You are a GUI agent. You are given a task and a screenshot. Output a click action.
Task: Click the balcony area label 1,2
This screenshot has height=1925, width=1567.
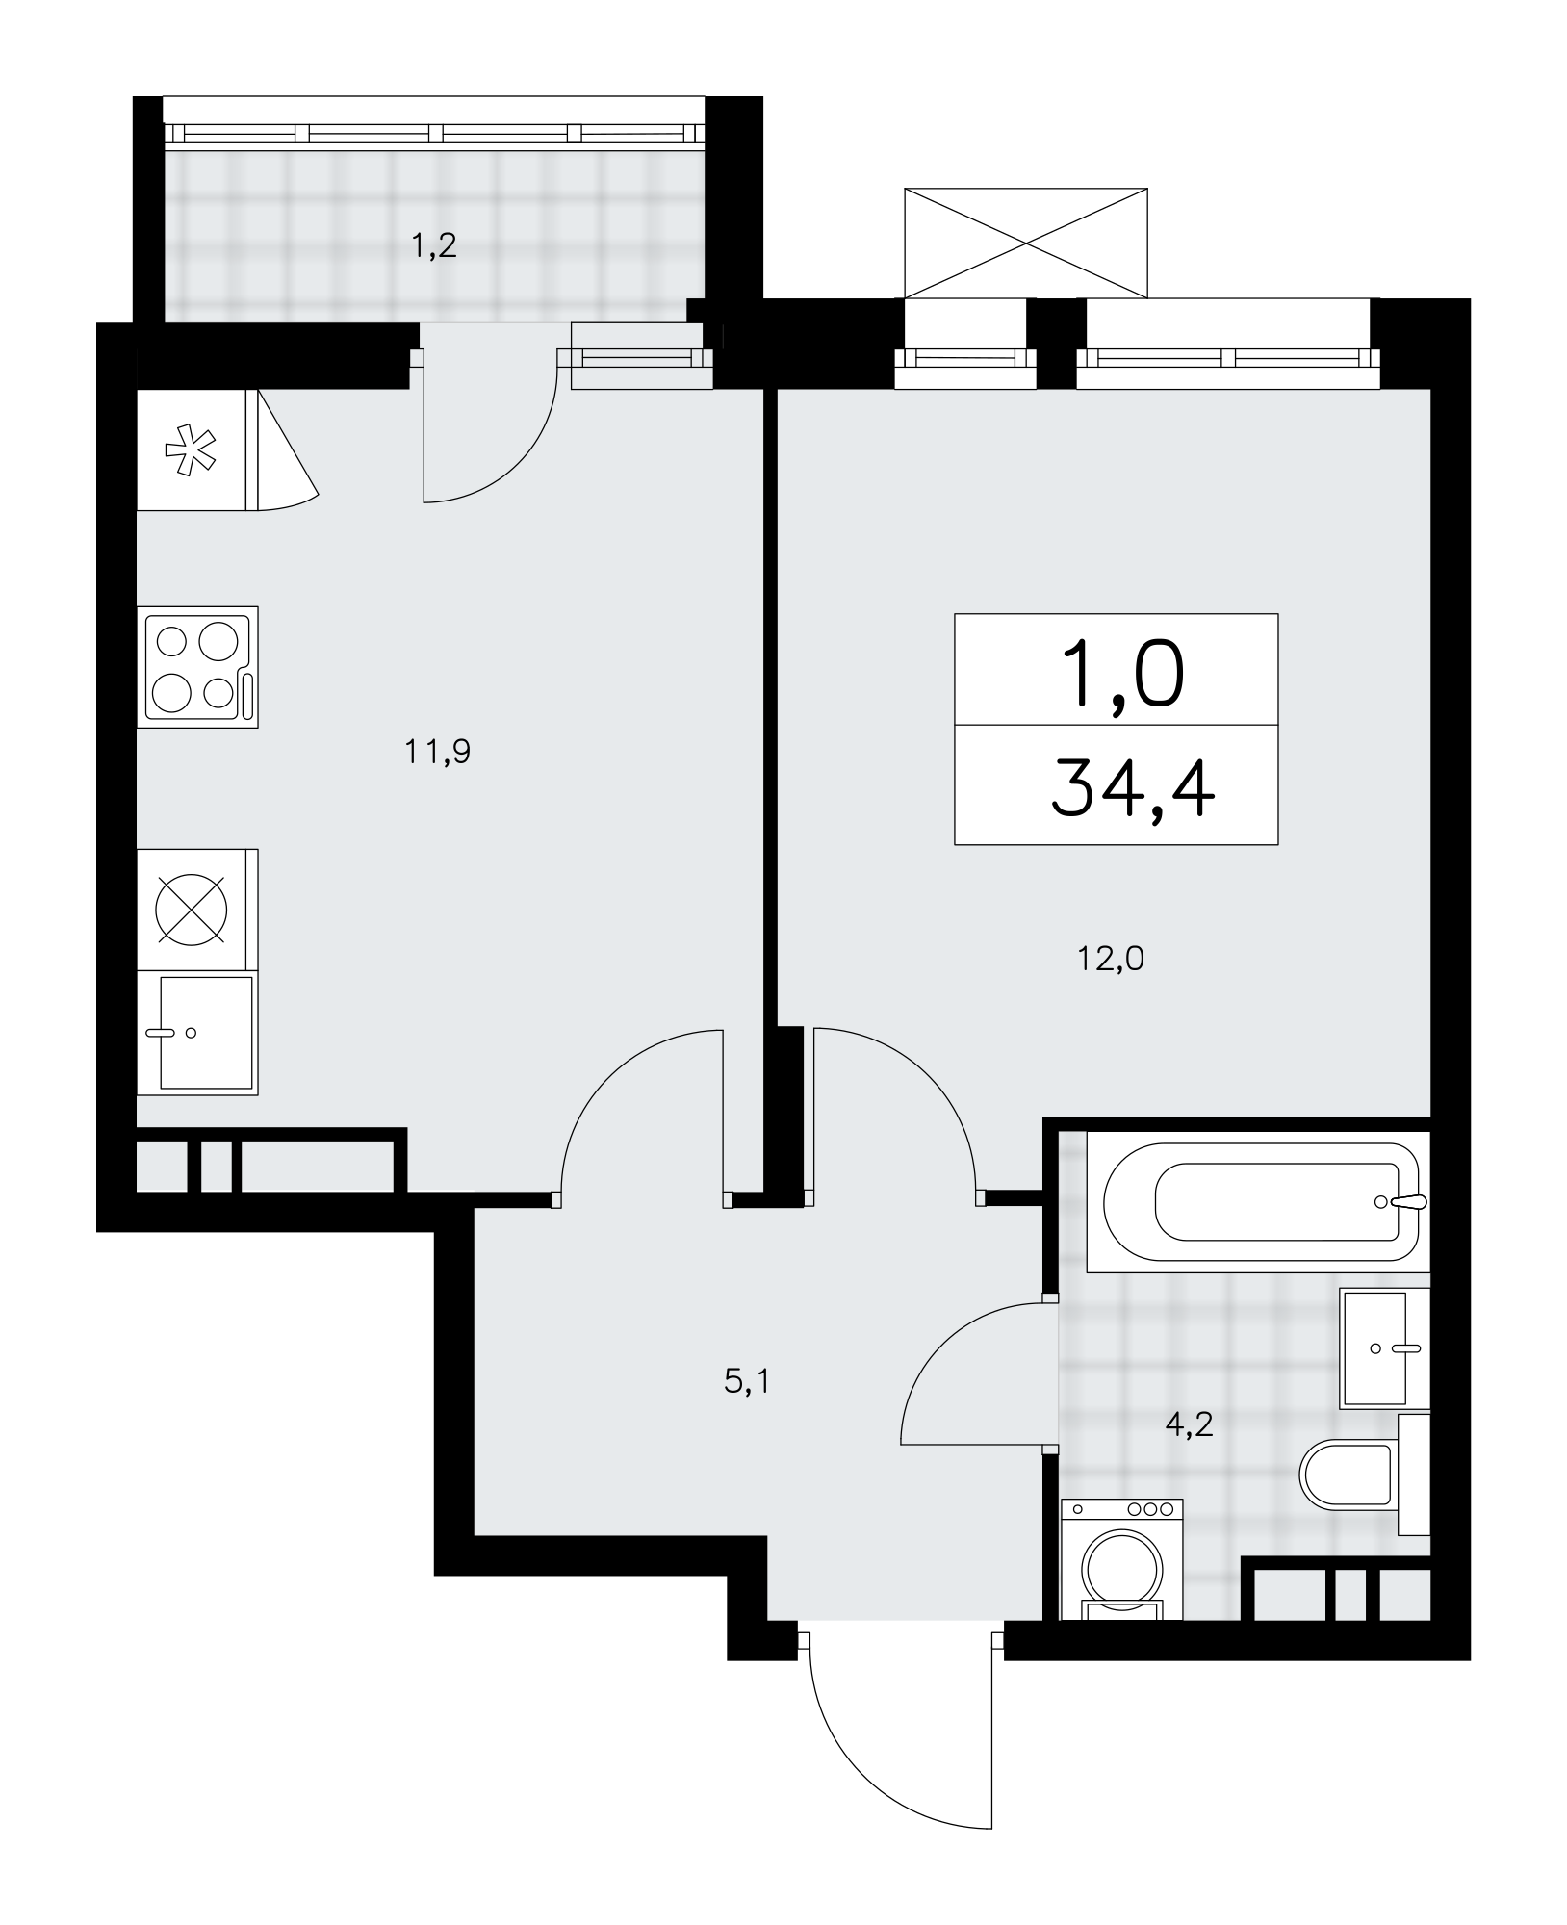click(433, 247)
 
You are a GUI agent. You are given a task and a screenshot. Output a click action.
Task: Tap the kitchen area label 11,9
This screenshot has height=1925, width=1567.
click(438, 751)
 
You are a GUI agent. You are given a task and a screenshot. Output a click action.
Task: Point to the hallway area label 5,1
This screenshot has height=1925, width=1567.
click(747, 1383)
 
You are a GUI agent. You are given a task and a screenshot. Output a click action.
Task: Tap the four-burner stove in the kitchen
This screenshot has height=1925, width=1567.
click(197, 667)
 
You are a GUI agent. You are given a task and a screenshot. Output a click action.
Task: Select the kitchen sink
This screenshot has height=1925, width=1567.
click(197, 1033)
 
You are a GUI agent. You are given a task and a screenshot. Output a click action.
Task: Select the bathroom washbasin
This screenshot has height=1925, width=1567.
click(1384, 1348)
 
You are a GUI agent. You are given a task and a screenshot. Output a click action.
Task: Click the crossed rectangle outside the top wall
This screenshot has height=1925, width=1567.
click(1026, 244)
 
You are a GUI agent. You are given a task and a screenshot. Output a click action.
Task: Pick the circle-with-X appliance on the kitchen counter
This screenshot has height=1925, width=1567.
click(193, 909)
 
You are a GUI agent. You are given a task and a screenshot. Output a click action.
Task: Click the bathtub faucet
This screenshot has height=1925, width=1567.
click(1403, 1202)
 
